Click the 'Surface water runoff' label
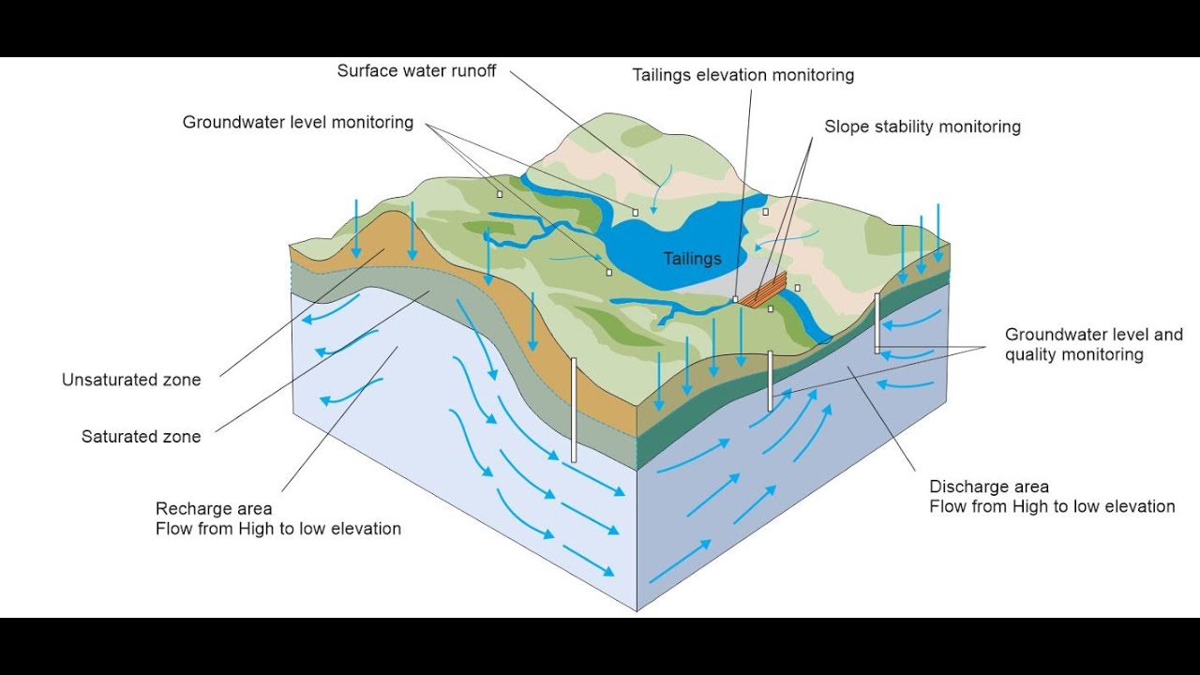pyautogui.click(x=416, y=70)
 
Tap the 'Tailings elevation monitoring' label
pyautogui.click(x=743, y=75)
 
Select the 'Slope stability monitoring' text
pyautogui.click(x=922, y=127)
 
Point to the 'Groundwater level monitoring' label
pyautogui.click(x=298, y=123)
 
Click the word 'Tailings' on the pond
pyautogui.click(x=693, y=259)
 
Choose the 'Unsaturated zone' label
pyautogui.click(x=131, y=380)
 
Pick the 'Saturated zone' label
pyautogui.click(x=141, y=437)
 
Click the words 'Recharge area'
pyautogui.click(x=214, y=508)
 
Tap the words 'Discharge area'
pyautogui.click(x=989, y=487)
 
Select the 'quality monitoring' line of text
pyautogui.click(x=1074, y=354)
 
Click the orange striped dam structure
pyautogui.click(x=763, y=292)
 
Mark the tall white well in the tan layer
pyautogui.click(x=574, y=411)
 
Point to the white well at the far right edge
pyautogui.click(x=877, y=323)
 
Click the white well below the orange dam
pyautogui.click(x=771, y=381)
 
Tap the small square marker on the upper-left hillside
pyautogui.click(x=500, y=194)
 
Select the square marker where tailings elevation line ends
pyautogui.click(x=735, y=299)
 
